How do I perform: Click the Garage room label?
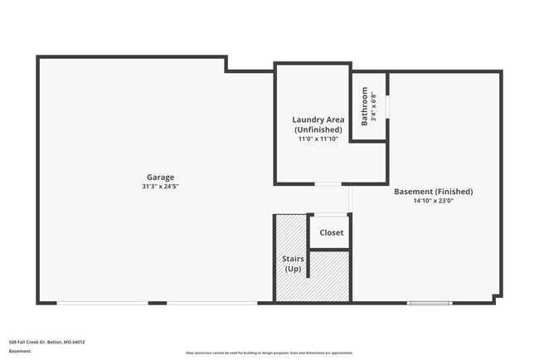point(161,177)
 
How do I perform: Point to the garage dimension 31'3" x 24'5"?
point(161,187)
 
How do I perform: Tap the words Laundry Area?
point(318,119)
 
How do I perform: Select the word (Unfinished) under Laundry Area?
point(318,129)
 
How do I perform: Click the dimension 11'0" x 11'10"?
point(318,139)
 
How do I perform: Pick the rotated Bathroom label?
point(364,106)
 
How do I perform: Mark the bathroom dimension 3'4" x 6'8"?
point(374,106)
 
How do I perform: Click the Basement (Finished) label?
point(433,191)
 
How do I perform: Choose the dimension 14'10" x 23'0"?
point(433,201)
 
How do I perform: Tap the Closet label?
point(331,232)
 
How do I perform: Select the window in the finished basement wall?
point(429,302)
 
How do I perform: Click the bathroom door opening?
point(387,107)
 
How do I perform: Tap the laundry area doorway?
point(328,183)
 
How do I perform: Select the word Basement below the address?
point(20,351)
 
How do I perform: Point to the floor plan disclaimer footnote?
point(269,353)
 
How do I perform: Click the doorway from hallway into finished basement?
point(351,199)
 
